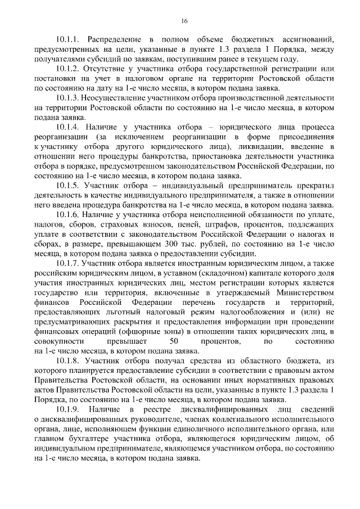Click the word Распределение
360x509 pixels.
click(116, 40)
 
